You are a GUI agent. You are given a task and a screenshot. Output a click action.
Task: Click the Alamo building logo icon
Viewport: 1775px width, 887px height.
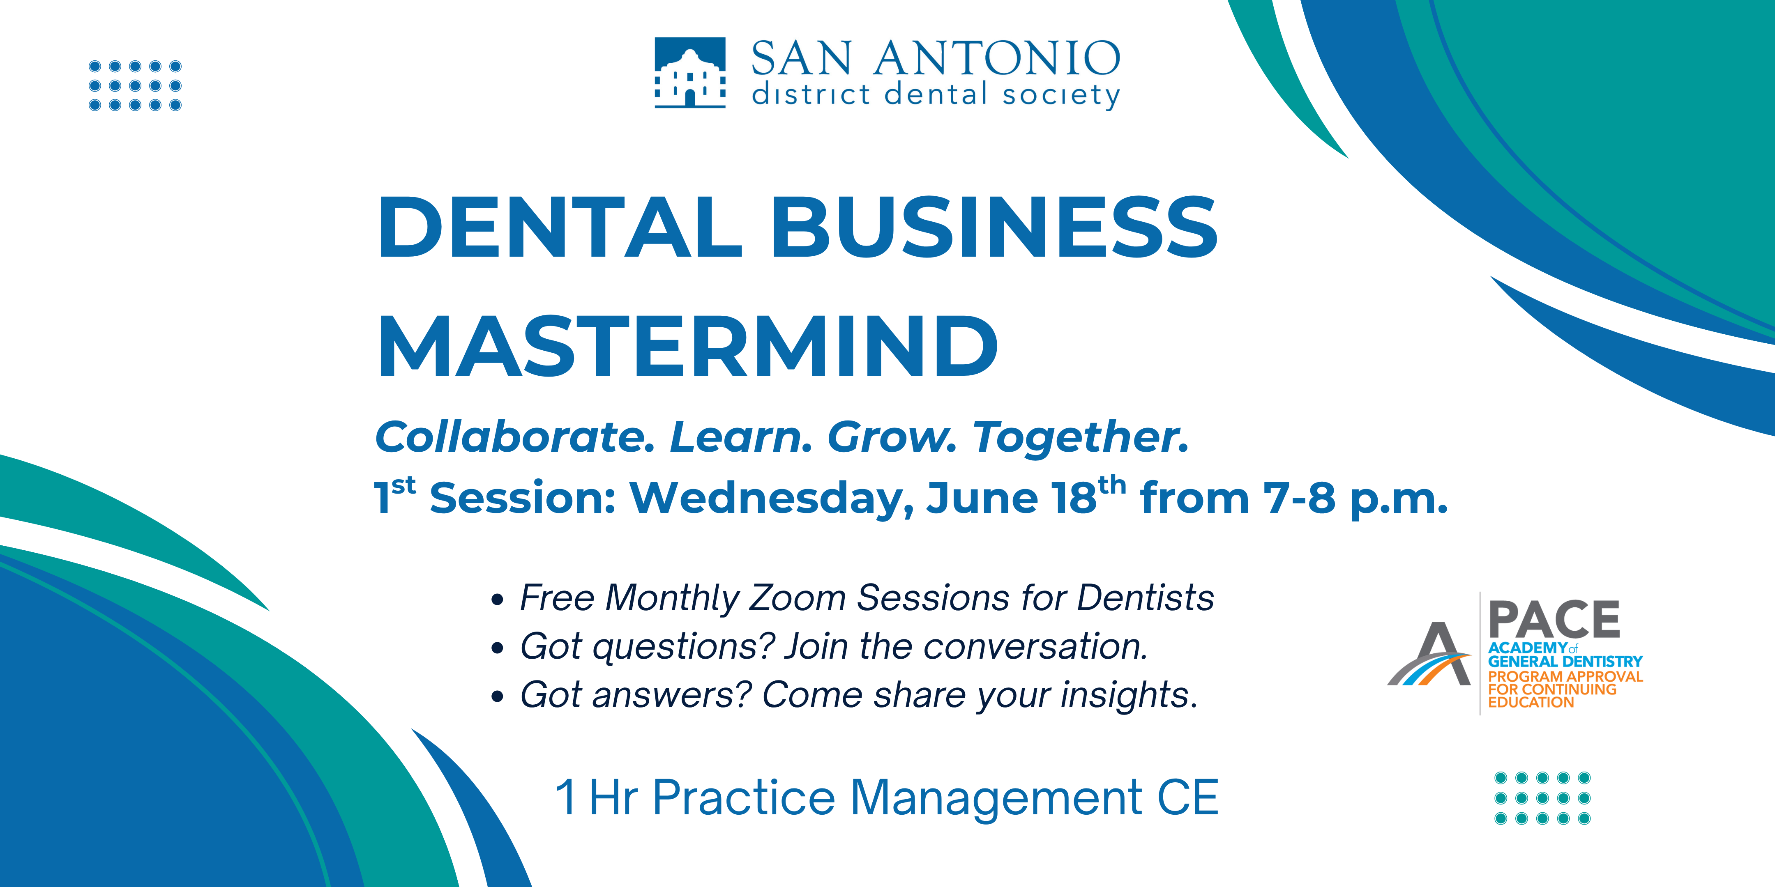[690, 72]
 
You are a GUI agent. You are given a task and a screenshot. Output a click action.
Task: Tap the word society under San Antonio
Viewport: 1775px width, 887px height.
[1061, 95]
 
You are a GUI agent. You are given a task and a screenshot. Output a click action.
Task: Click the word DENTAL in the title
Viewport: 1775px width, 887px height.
[560, 227]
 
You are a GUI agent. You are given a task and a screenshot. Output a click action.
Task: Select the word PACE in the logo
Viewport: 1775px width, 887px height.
[1554, 619]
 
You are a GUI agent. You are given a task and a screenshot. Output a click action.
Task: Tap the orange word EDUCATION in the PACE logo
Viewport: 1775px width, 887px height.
[1531, 703]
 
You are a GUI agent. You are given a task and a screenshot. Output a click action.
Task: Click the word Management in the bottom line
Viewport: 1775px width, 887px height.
[996, 797]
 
